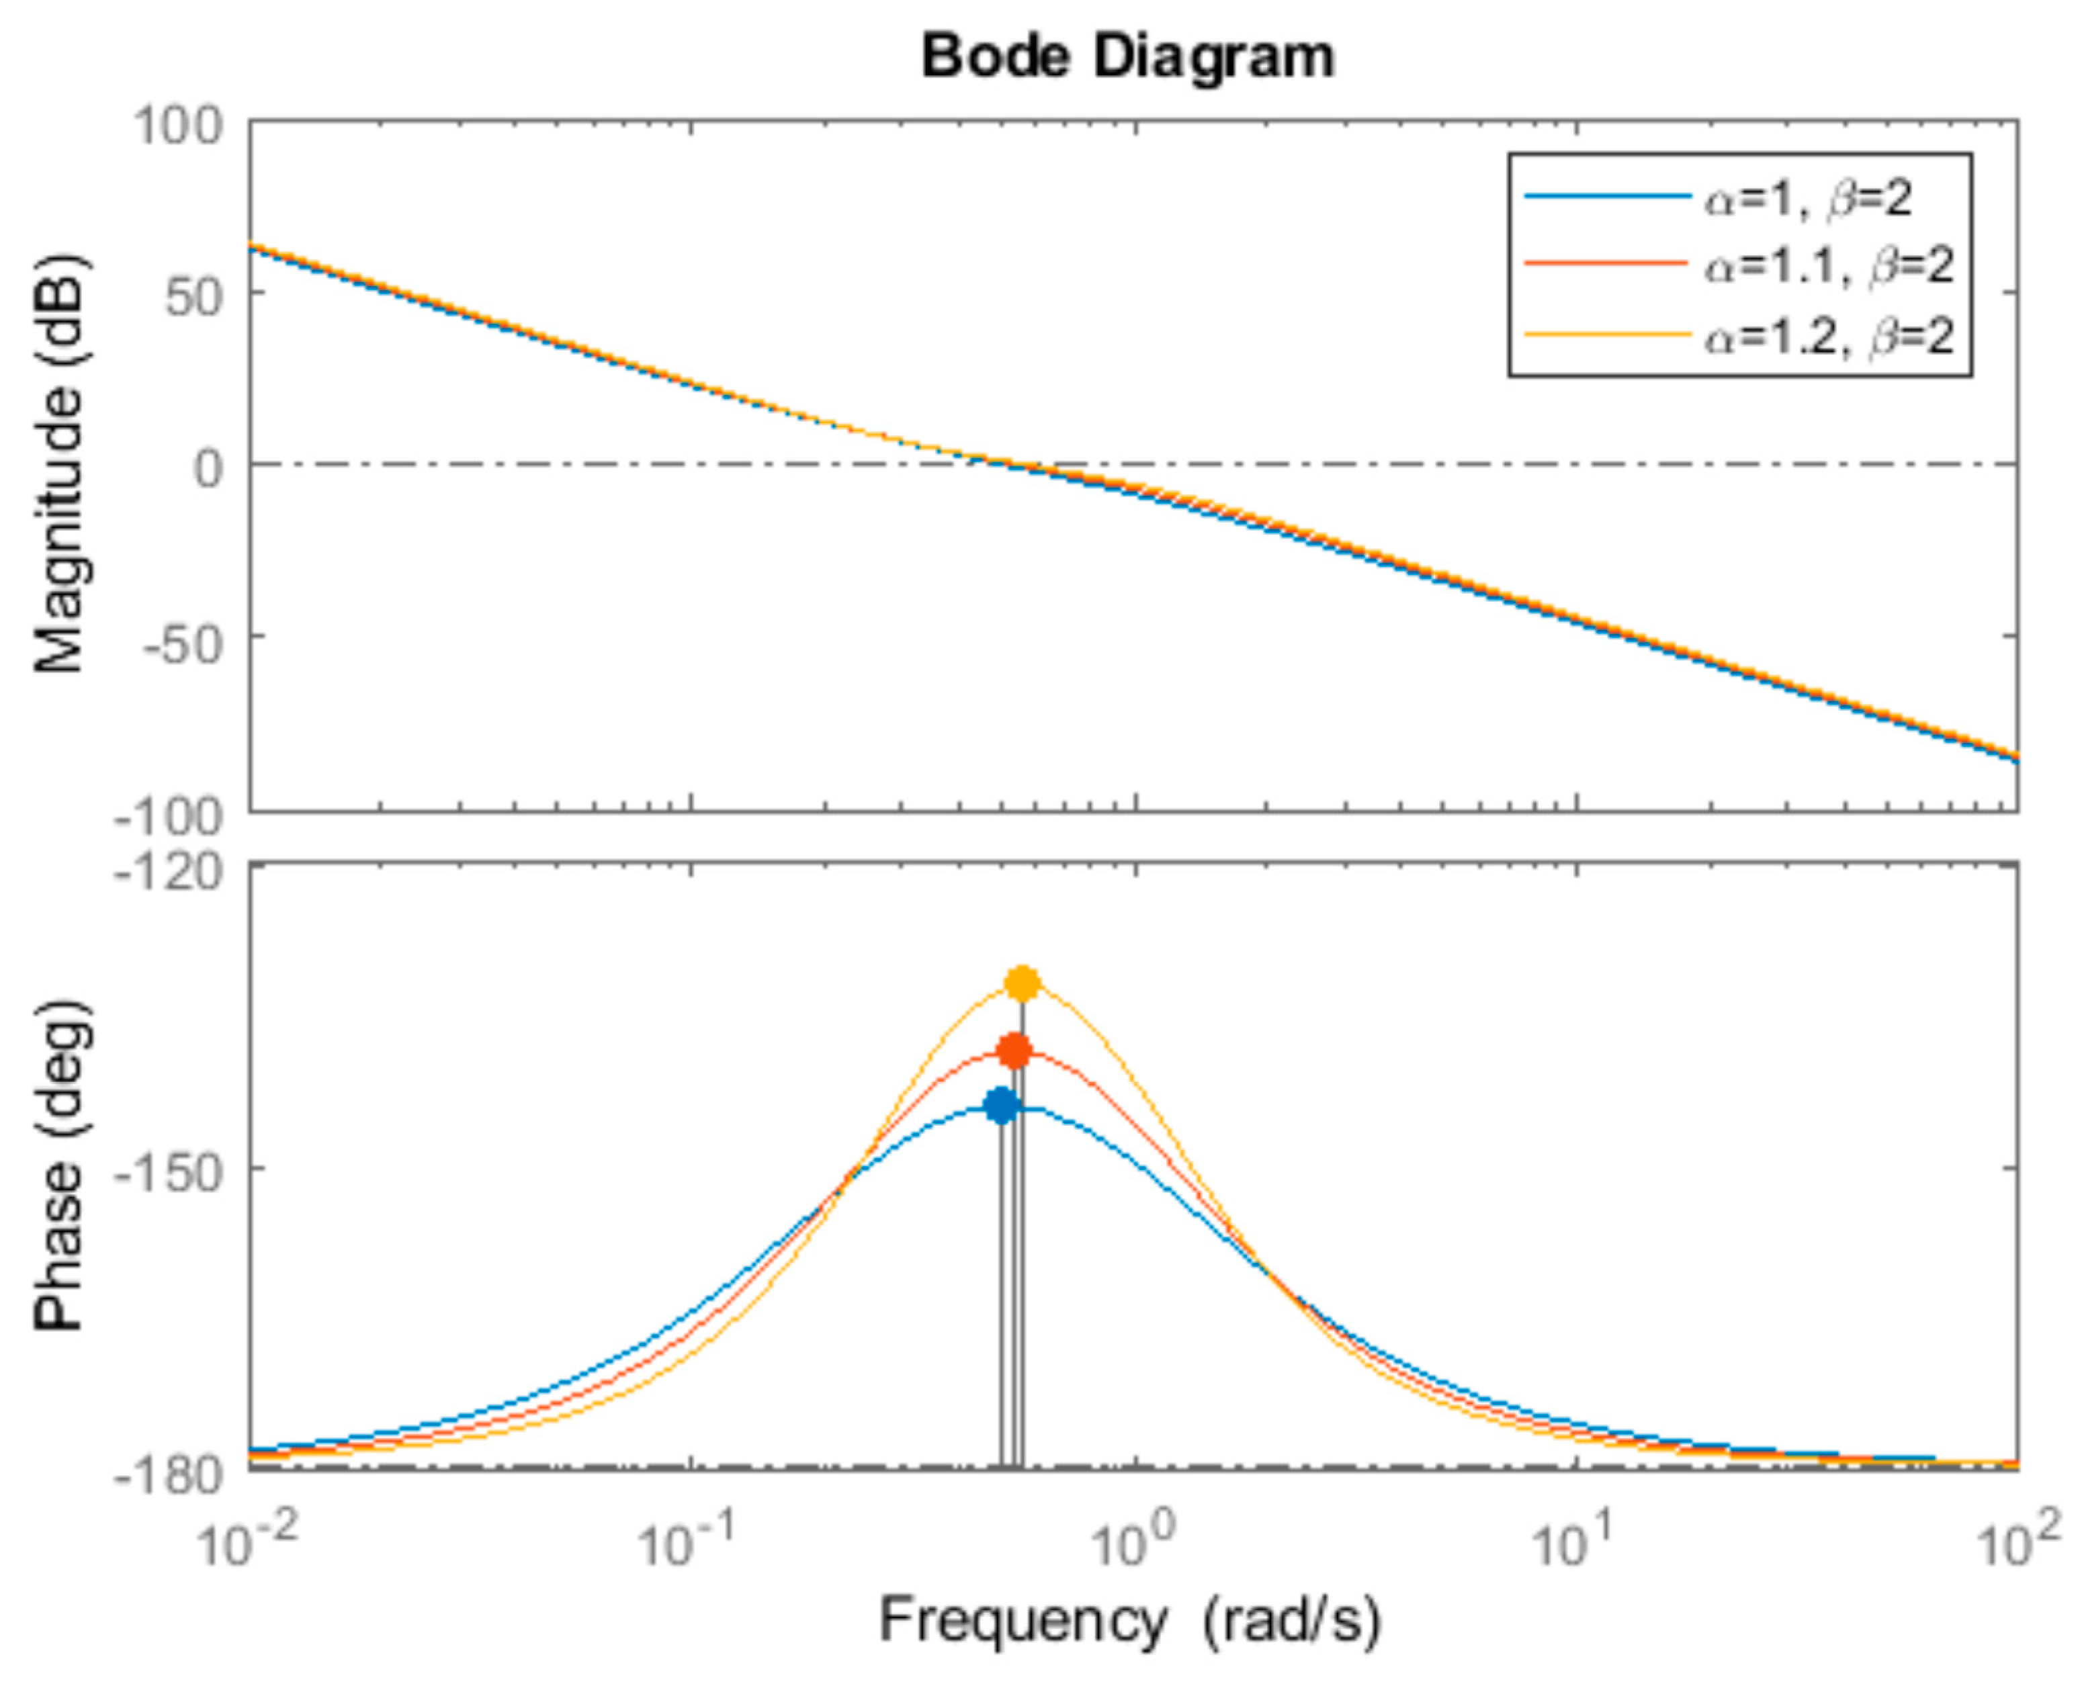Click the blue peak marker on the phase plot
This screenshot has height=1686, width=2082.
1000,1105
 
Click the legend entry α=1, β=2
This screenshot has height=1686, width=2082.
1807,199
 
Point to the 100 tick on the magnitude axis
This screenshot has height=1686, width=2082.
178,126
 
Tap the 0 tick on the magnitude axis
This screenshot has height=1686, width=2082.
209,467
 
